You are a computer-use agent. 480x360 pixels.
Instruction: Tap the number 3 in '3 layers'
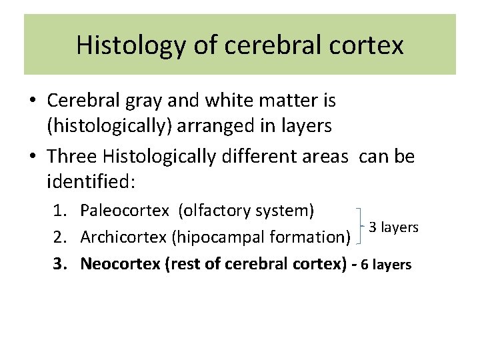[373, 227]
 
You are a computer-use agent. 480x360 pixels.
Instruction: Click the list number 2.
[61, 237]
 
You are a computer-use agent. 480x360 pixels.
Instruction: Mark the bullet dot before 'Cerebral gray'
[33, 102]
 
